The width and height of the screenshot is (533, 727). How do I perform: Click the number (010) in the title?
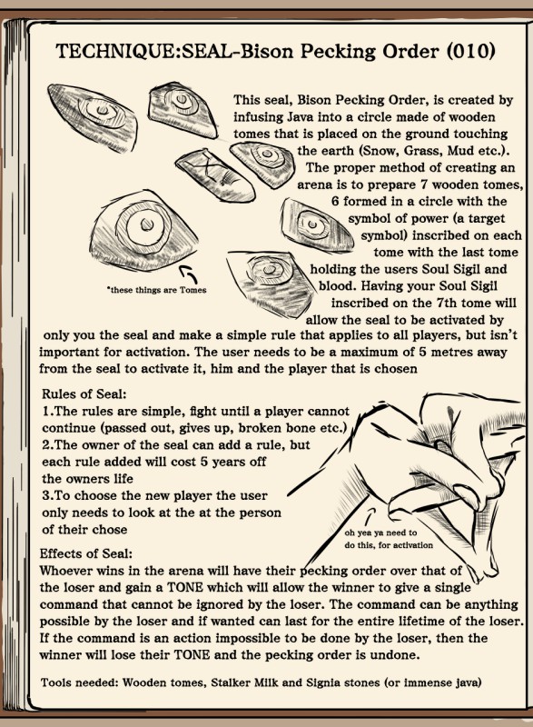point(470,51)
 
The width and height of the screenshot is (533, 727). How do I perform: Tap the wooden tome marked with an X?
point(215,174)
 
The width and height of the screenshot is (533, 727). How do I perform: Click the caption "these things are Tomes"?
point(156,290)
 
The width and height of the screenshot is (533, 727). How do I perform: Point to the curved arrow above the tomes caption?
point(190,274)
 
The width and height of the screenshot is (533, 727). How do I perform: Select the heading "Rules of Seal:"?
point(84,394)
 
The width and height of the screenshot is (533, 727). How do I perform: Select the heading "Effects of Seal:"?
point(86,553)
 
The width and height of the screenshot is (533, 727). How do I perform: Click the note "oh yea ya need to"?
point(380,533)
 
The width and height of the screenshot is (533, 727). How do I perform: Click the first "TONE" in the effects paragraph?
point(184,587)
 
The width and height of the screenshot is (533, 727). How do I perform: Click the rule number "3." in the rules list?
point(48,495)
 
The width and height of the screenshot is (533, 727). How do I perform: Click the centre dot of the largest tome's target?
point(147,224)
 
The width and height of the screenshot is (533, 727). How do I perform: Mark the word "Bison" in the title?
point(268,51)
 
